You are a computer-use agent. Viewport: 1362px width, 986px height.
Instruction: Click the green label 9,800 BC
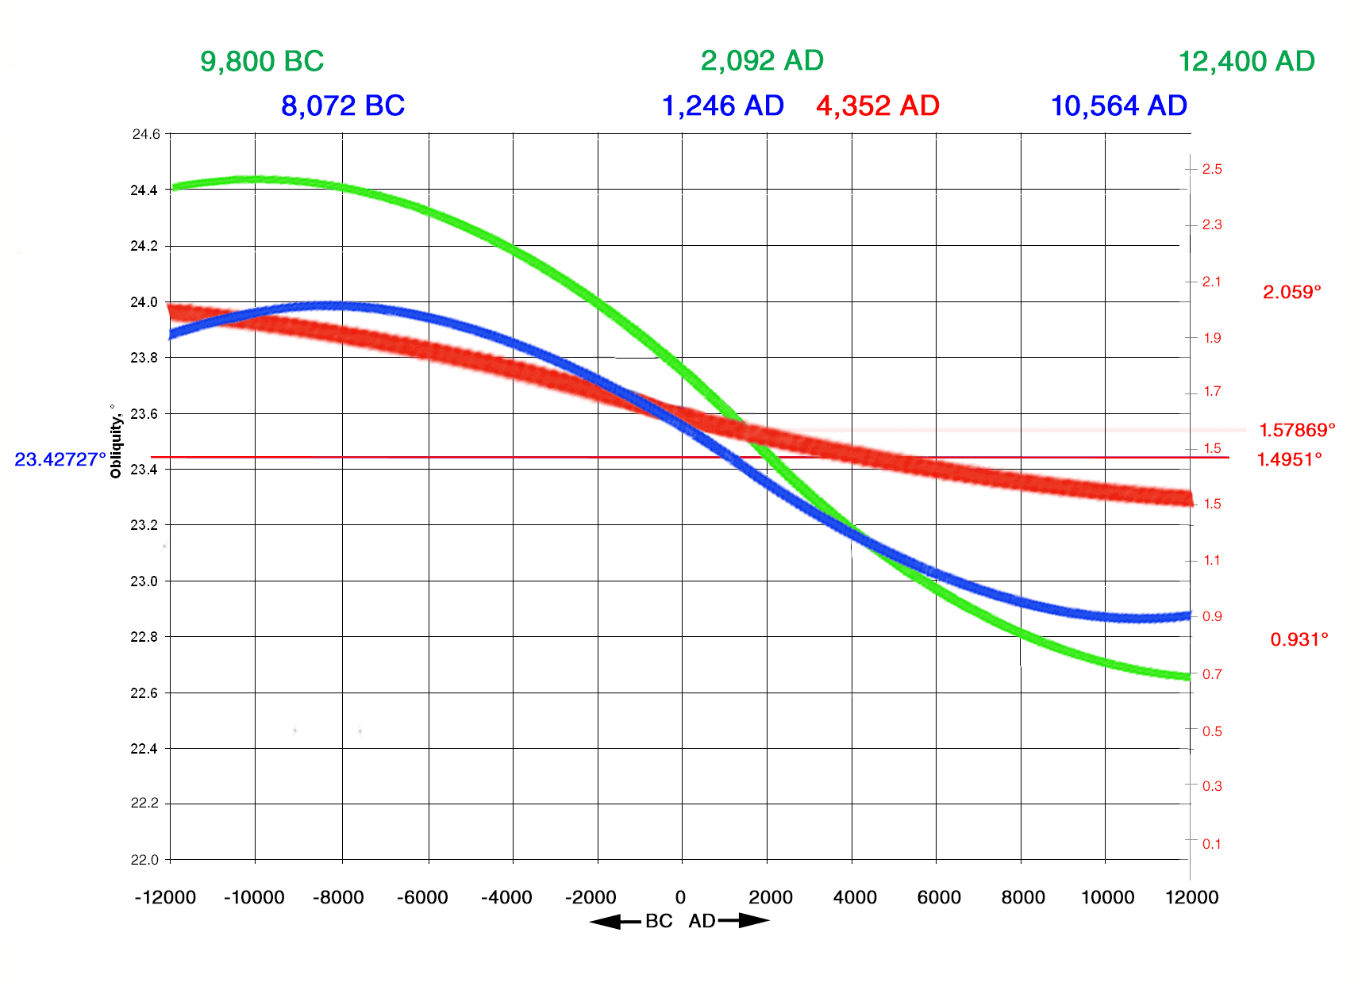[x=262, y=61]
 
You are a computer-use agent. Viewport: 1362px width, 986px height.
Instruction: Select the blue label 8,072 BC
[x=343, y=106]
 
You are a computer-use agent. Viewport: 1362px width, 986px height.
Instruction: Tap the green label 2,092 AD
[x=762, y=60]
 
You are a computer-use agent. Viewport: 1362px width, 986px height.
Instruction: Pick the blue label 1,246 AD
[x=722, y=106]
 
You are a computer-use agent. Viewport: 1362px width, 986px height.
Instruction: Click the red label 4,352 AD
[x=878, y=106]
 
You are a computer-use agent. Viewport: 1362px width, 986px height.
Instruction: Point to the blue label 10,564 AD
[x=1118, y=106]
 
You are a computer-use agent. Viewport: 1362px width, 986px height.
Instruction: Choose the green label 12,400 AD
[x=1246, y=61]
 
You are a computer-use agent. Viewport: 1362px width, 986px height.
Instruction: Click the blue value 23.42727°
[x=60, y=459]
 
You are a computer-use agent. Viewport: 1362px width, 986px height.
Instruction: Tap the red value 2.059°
[x=1292, y=292]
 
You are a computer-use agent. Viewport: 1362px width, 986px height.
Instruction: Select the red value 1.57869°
[x=1297, y=430]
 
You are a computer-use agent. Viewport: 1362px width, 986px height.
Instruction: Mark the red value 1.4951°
[x=1289, y=459]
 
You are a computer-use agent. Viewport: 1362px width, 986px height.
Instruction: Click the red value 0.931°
[x=1299, y=639]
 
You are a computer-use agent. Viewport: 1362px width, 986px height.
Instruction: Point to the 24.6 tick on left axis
[x=145, y=134]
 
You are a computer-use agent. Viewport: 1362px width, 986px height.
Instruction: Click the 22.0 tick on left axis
[x=144, y=860]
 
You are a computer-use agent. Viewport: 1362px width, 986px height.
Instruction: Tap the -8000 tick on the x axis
[x=338, y=897]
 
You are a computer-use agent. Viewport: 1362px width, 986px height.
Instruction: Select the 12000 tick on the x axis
[x=1191, y=897]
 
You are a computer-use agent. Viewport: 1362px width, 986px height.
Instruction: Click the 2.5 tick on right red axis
[x=1212, y=169]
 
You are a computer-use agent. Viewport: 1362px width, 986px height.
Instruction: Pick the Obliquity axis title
[x=116, y=441]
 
